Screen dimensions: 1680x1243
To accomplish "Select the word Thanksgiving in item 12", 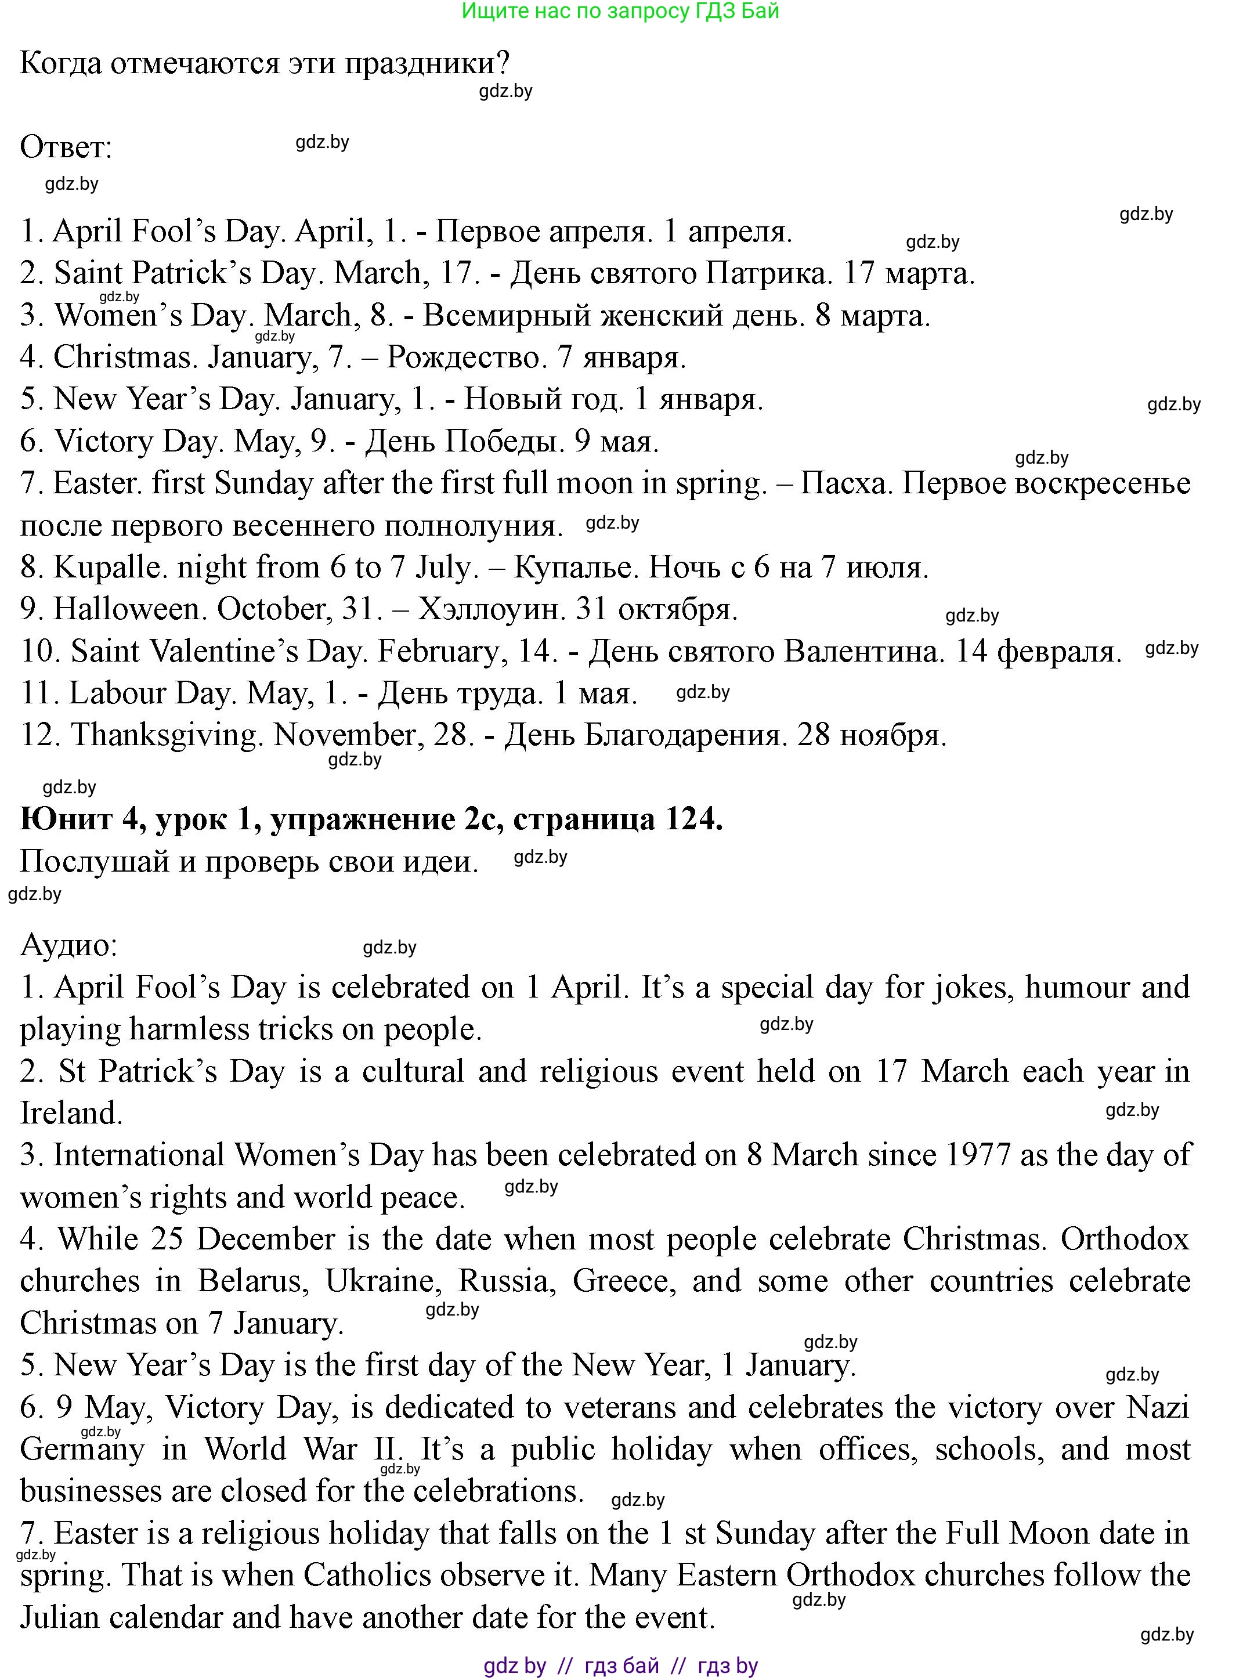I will (x=167, y=735).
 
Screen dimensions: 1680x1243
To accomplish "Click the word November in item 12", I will (x=344, y=735).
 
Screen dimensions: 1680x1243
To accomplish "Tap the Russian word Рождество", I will (x=467, y=357).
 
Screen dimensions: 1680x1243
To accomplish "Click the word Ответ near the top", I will (x=65, y=147).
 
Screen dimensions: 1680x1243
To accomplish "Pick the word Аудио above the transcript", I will (x=68, y=945).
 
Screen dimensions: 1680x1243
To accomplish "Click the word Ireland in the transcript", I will (x=71, y=1114).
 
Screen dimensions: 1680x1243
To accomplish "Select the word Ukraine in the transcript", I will (x=384, y=1281).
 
